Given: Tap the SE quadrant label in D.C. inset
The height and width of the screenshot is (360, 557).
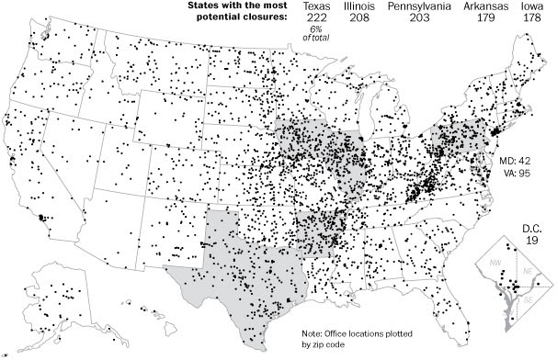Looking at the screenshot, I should [x=526, y=300].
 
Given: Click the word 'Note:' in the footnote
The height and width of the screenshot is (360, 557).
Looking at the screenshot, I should [x=315, y=333].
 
